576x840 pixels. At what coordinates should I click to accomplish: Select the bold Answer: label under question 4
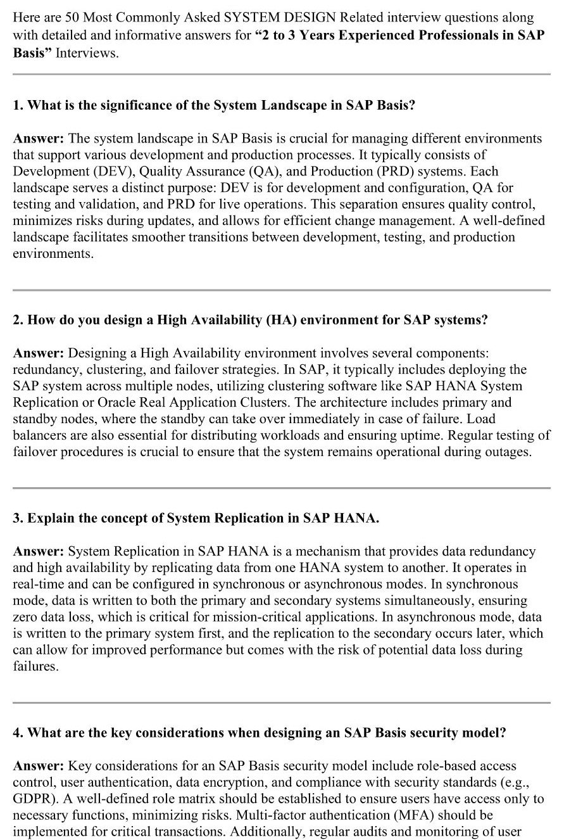coord(39,766)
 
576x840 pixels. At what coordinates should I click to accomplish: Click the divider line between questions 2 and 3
coord(281,488)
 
